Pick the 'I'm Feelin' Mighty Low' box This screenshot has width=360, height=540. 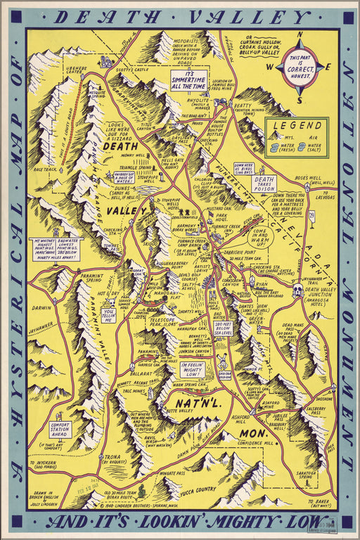191,370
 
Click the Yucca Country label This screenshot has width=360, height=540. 198,489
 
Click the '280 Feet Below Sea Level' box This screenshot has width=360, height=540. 222,328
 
